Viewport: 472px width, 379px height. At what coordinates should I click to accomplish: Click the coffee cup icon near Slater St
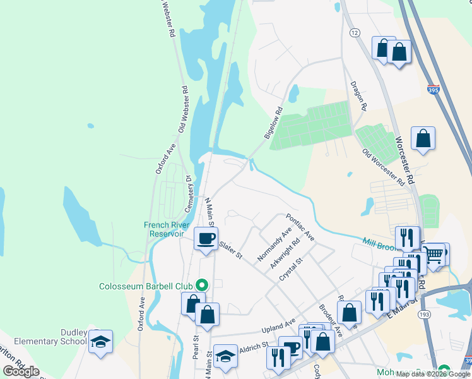point(206,239)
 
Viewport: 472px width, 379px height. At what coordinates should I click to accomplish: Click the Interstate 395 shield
point(434,90)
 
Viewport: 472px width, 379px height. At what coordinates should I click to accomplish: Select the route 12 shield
point(355,32)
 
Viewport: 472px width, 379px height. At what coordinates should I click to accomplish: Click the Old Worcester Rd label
point(384,167)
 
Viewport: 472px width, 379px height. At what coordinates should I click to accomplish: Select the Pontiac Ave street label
point(300,227)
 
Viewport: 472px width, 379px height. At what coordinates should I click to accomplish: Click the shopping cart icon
point(435,255)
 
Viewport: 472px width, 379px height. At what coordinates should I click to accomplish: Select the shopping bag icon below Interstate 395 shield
point(423,139)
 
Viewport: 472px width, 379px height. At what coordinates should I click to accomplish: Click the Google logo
point(21,371)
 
